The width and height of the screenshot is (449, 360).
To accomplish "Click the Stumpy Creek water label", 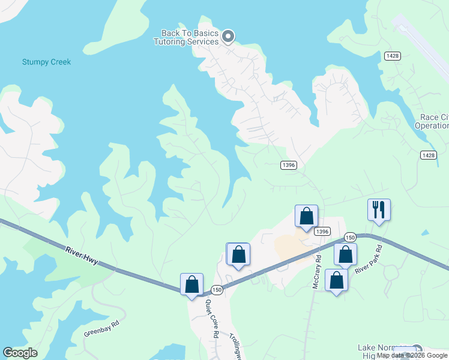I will [x=46, y=62].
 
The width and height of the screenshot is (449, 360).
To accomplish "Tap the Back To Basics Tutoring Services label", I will [x=186, y=37].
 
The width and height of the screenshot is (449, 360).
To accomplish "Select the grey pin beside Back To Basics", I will [x=228, y=37].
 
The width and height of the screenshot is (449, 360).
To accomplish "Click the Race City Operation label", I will [x=431, y=121].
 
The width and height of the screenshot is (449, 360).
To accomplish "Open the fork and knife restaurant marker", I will [x=379, y=209].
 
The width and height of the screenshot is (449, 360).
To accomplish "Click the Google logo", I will [x=20, y=353].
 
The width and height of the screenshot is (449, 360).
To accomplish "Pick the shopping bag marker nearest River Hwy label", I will [x=192, y=284].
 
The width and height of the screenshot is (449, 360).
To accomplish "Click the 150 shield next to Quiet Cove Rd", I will [x=217, y=290].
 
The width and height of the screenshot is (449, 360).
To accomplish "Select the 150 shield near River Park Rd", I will [x=351, y=238].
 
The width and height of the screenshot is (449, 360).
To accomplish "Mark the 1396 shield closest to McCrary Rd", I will [x=322, y=232].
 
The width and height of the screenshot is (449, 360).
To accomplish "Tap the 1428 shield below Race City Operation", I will [x=428, y=155].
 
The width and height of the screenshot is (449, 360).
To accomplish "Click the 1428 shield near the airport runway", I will [x=393, y=56].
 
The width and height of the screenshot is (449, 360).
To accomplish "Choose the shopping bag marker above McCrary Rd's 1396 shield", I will [x=306, y=216].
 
